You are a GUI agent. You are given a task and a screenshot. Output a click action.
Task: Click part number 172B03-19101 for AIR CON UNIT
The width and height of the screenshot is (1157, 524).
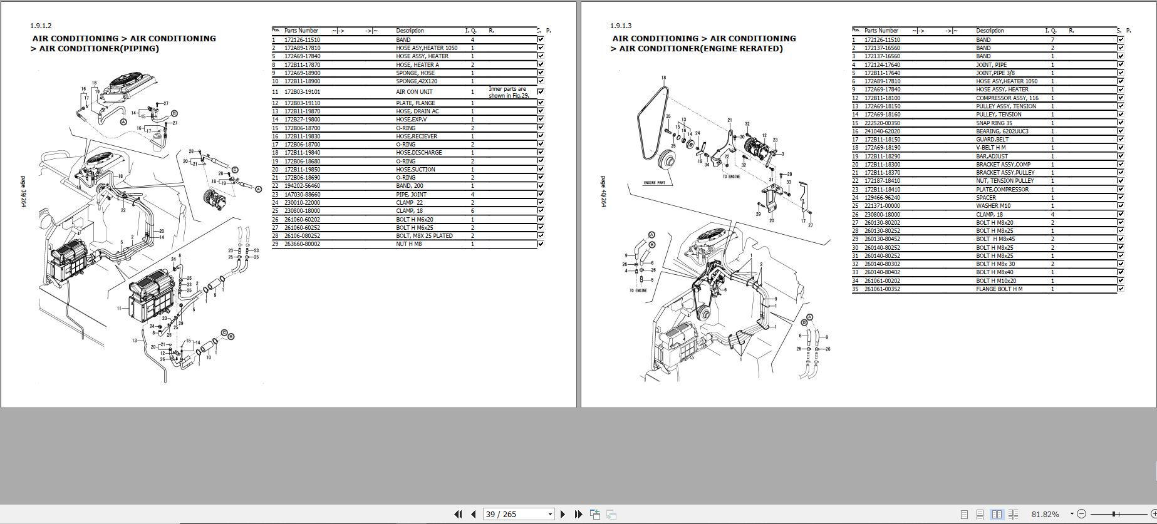tap(302, 92)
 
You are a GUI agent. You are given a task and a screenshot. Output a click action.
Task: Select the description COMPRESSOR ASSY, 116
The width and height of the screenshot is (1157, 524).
tap(1007, 98)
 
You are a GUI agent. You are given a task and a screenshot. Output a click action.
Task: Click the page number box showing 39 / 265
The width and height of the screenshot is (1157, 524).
tap(517, 514)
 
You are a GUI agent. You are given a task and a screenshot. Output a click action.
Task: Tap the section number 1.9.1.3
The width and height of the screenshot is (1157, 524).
tap(621, 26)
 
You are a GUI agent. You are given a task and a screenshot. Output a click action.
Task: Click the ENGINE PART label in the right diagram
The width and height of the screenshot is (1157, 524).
tap(654, 183)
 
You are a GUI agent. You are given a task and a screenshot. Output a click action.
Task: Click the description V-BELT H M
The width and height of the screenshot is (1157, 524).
tap(990, 148)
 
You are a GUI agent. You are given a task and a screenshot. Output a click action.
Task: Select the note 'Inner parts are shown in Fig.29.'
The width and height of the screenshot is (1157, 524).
tap(508, 93)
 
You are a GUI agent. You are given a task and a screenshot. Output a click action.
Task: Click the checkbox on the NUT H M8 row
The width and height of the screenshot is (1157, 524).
tap(541, 244)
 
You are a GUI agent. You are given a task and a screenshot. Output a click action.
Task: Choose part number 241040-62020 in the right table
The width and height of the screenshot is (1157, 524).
tap(882, 131)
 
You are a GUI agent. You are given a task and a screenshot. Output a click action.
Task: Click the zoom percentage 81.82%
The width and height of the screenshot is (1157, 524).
tap(1045, 514)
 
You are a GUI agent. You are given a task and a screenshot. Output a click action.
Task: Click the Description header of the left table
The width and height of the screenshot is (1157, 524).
tap(410, 31)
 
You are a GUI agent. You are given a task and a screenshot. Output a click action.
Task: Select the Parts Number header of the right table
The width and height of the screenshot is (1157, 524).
tap(881, 31)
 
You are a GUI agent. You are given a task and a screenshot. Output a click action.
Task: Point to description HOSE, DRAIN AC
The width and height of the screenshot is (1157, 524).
tap(417, 111)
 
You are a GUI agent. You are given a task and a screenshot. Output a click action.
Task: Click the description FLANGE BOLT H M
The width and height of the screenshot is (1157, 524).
tap(999, 289)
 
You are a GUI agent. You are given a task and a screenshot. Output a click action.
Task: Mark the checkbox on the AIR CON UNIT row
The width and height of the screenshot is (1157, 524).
tap(541, 92)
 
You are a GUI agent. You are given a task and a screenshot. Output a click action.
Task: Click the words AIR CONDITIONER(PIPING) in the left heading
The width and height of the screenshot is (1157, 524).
tap(99, 49)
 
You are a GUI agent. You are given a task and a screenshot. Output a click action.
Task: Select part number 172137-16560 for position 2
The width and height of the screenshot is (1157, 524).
tap(882, 48)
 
